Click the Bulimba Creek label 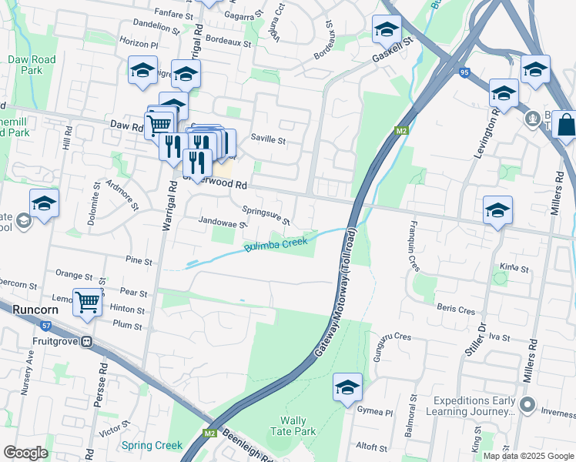(276, 246)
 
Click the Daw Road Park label (32, 65)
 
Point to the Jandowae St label (221, 221)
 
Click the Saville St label (269, 141)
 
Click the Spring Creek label (152, 445)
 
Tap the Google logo (25, 453)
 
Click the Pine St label (139, 262)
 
